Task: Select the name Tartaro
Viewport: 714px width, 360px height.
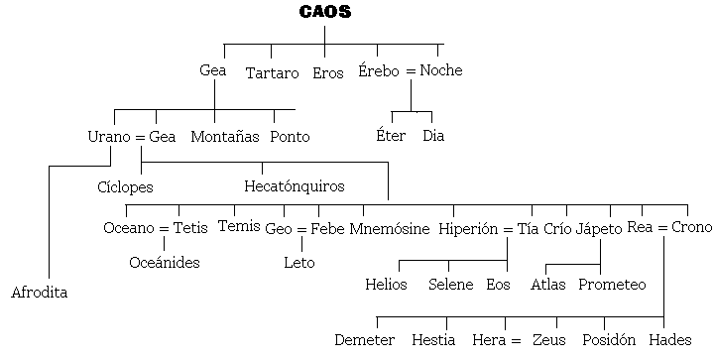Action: pos(272,73)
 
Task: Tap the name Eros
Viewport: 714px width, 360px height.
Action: pos(327,73)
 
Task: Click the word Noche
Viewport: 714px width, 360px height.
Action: pos(440,70)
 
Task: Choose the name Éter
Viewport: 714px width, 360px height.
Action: pos(391,136)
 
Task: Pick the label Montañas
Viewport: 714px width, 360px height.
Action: pos(225,137)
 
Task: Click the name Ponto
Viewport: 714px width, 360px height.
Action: pos(290,137)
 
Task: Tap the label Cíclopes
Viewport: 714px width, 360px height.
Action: pos(125,186)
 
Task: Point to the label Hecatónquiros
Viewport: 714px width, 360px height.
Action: pos(295,185)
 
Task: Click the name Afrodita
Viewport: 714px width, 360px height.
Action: pos(40,293)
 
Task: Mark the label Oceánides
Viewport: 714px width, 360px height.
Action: pos(165,263)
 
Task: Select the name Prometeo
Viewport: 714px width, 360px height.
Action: pos(612,285)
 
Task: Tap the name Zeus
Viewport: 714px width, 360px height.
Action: pos(548,340)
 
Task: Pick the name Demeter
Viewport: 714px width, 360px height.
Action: pos(364,340)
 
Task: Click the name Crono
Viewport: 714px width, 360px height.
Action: pos(691,227)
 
